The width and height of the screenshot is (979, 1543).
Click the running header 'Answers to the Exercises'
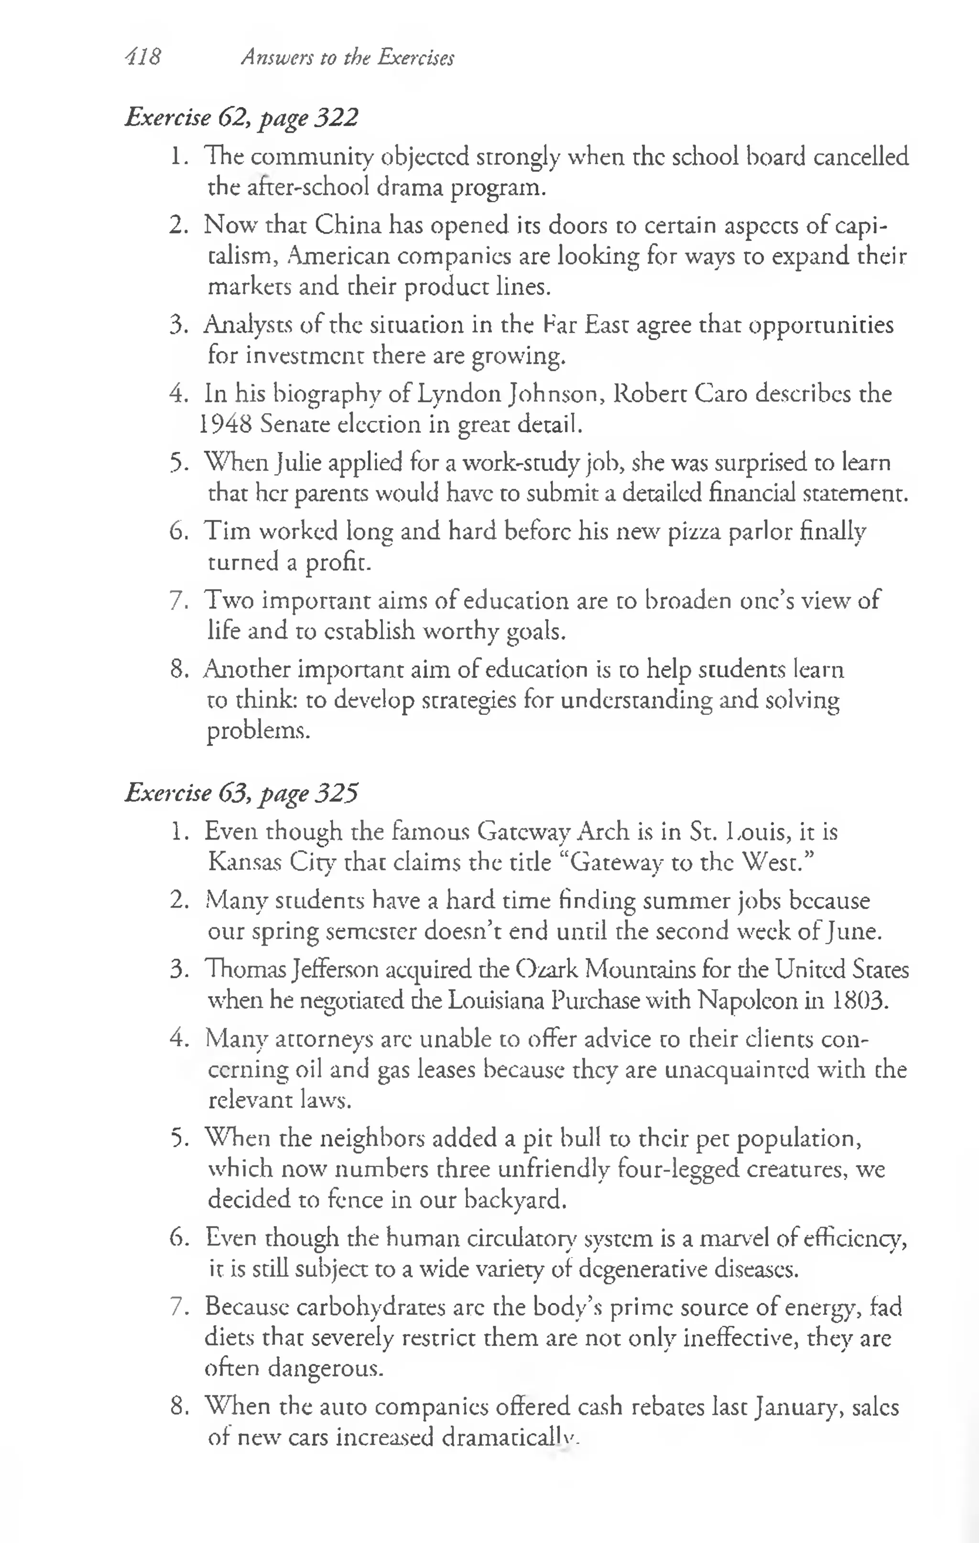[x=347, y=58]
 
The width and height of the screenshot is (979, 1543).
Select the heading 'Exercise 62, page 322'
[x=241, y=117]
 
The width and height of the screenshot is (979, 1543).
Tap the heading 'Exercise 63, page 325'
[x=241, y=793]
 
